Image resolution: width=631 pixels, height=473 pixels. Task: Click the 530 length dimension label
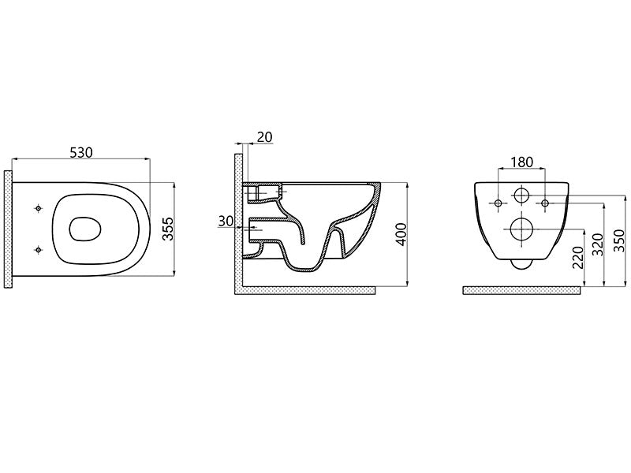tap(81, 152)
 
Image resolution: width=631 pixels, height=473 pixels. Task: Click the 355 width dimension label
tap(167, 229)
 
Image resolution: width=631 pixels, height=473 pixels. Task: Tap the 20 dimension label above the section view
tap(264, 137)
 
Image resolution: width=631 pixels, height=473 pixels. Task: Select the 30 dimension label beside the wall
tap(226, 221)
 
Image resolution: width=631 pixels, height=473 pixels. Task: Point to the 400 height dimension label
tap(401, 234)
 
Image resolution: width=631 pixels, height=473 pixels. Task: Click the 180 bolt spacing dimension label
tap(522, 162)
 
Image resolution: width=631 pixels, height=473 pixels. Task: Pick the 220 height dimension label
tap(577, 258)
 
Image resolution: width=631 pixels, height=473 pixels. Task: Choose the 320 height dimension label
tap(598, 244)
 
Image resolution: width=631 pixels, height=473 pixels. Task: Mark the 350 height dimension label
tap(619, 240)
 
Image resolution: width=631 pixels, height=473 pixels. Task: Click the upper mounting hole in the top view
tap(38, 208)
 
